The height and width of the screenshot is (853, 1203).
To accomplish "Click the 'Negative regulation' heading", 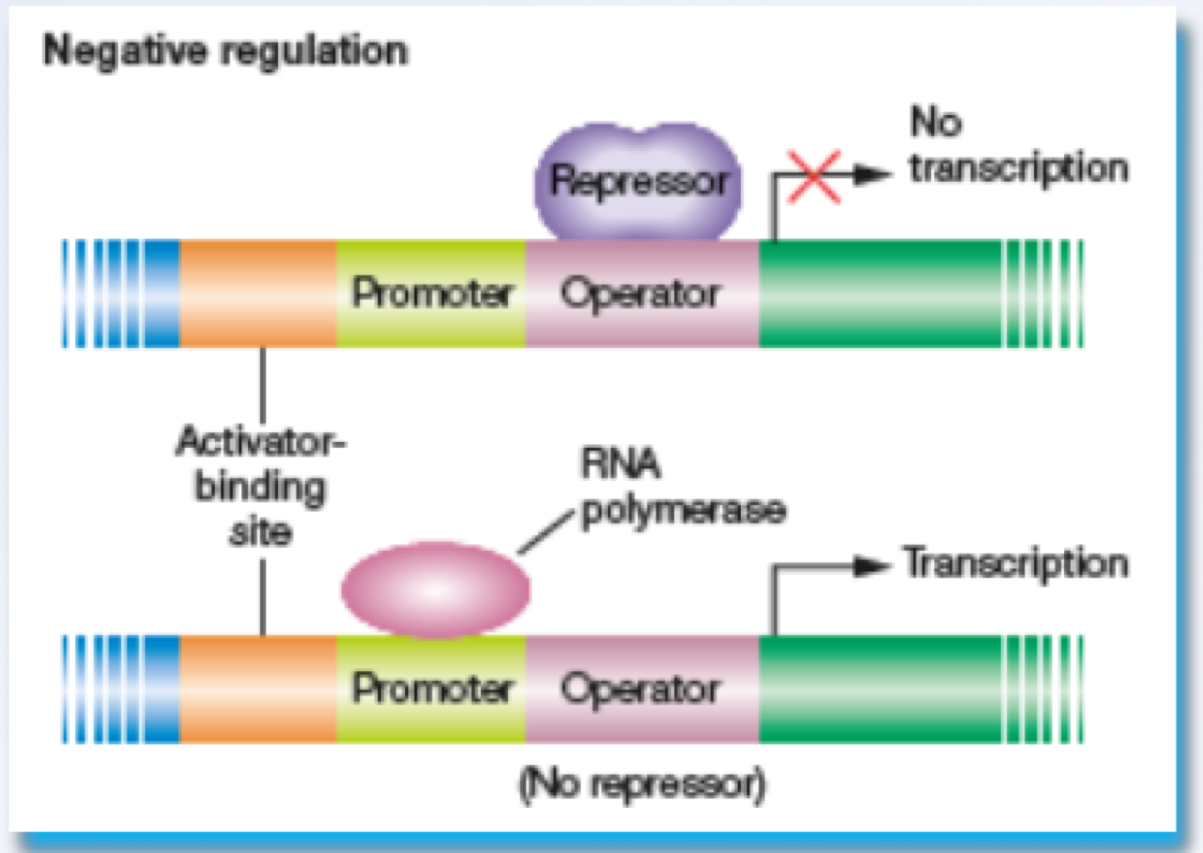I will (x=226, y=51).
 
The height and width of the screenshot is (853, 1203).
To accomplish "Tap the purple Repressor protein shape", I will (x=638, y=181).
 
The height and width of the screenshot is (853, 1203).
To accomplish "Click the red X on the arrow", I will (x=813, y=177).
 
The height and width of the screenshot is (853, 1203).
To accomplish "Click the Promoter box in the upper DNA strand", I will (x=431, y=293).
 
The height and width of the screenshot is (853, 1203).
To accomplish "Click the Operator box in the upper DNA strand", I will (x=641, y=293).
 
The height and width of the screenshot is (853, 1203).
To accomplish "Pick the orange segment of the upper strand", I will (x=258, y=293).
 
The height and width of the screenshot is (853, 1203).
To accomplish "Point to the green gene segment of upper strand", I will (x=878, y=293).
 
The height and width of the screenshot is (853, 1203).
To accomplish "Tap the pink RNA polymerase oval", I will (x=436, y=589).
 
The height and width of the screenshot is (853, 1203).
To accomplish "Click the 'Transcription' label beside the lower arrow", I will (x=1015, y=564).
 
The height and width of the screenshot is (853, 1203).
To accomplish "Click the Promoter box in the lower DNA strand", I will (x=431, y=688).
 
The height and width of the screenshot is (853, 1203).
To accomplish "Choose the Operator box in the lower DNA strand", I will (x=641, y=688).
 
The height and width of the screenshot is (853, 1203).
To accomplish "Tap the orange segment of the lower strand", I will (x=258, y=688).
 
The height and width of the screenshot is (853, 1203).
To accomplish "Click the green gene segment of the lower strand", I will (x=878, y=688).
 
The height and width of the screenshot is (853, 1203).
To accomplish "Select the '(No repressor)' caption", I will (x=642, y=783).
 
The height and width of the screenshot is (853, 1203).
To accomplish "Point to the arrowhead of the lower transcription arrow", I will (x=872, y=566).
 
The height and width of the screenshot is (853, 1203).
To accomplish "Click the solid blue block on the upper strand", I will (x=162, y=293).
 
